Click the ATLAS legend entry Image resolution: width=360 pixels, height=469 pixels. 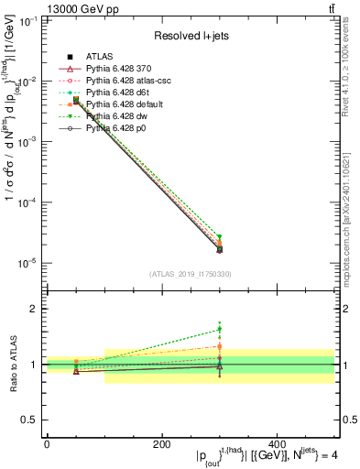click(x=99, y=57)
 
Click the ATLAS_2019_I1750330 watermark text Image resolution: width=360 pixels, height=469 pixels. click(x=190, y=274)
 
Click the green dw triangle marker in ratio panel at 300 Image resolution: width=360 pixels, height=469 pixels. click(x=219, y=330)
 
